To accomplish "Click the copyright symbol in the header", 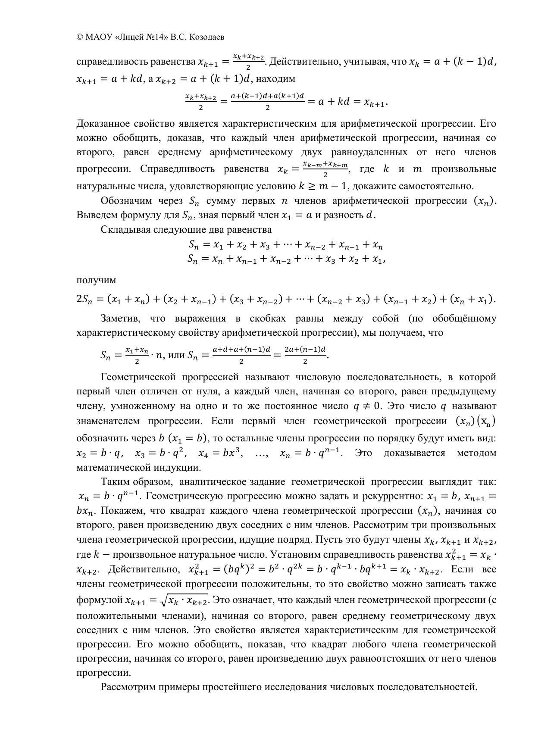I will coord(79,37).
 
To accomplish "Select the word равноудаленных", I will coord(369,153).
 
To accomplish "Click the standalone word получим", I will coord(96,280).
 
